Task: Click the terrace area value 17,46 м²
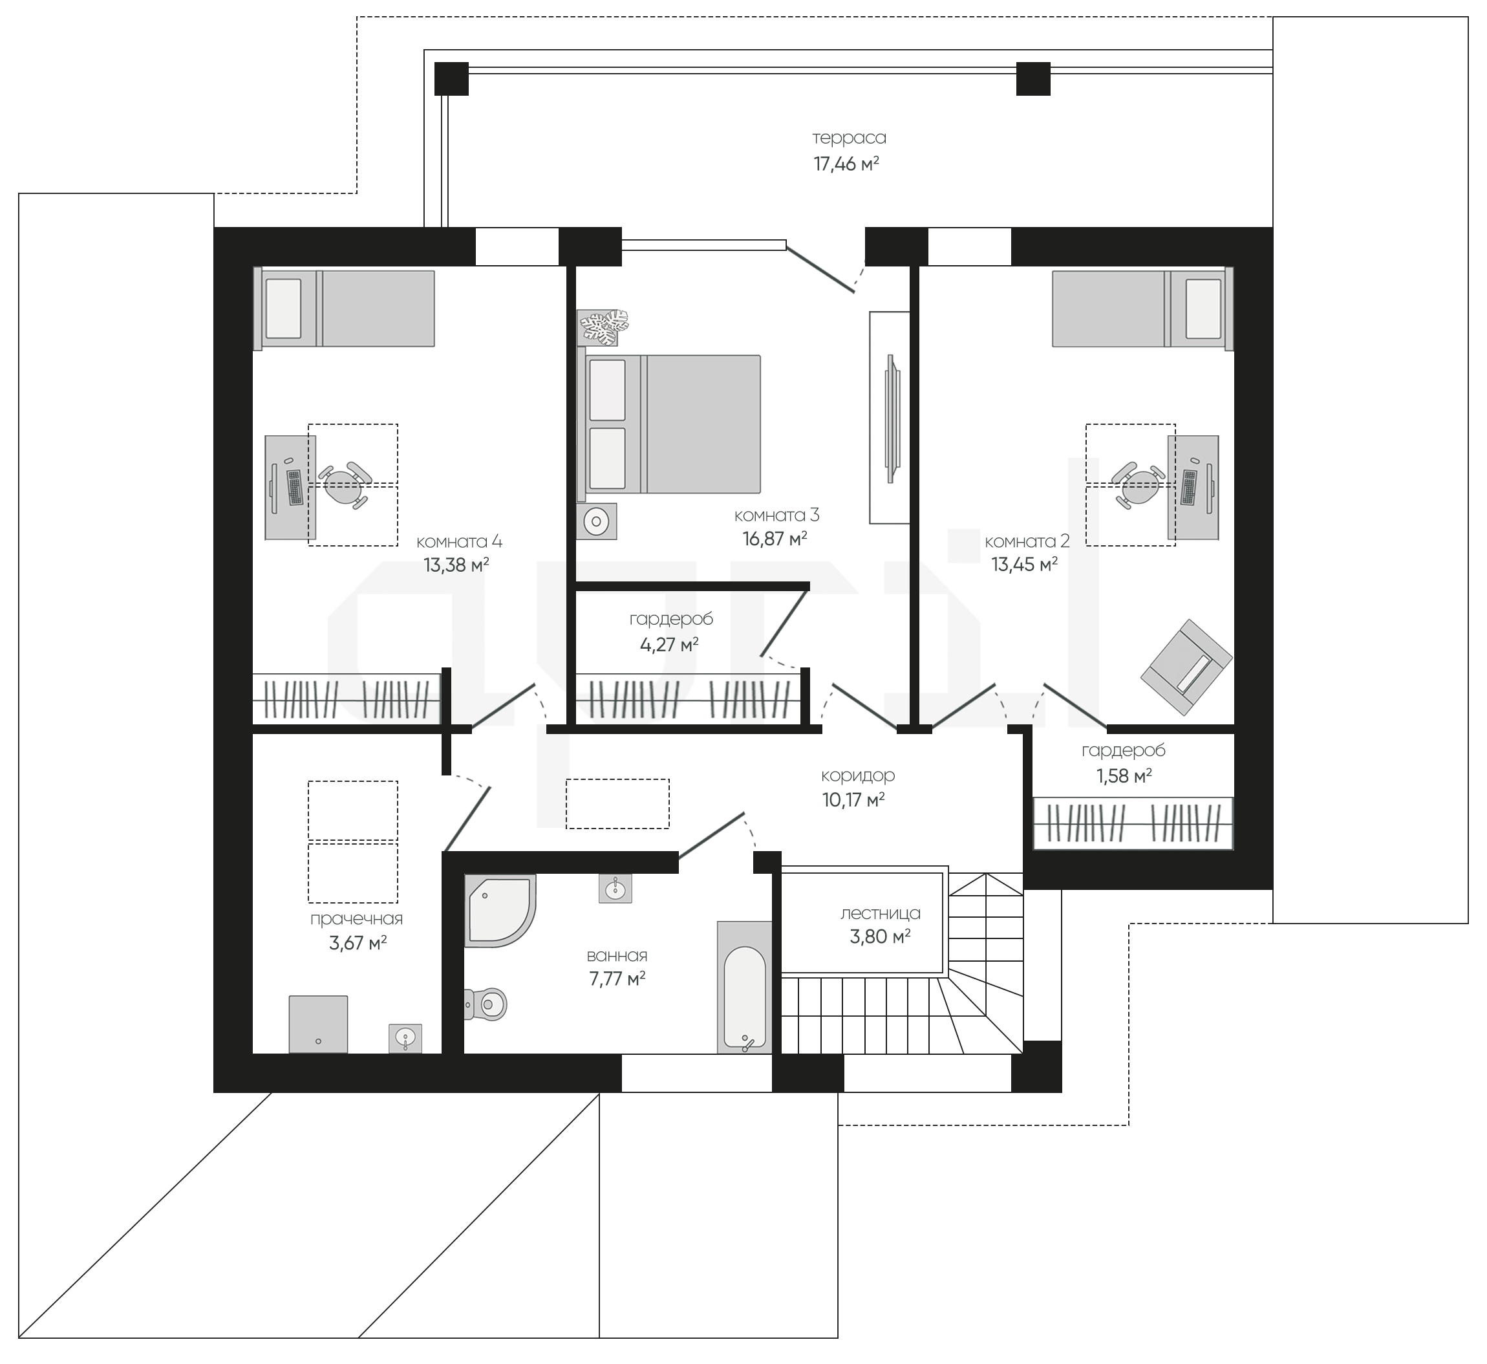(x=846, y=164)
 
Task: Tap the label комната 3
(x=776, y=515)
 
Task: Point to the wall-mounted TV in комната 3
(x=892, y=419)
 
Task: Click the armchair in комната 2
(x=1186, y=667)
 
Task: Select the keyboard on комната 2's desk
(x=1189, y=487)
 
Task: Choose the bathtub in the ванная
(x=745, y=988)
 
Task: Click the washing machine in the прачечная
(x=318, y=1024)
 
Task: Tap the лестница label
(x=881, y=913)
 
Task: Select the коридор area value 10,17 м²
(x=853, y=800)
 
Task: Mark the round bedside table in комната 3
(x=595, y=522)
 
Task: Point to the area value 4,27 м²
(x=669, y=644)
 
